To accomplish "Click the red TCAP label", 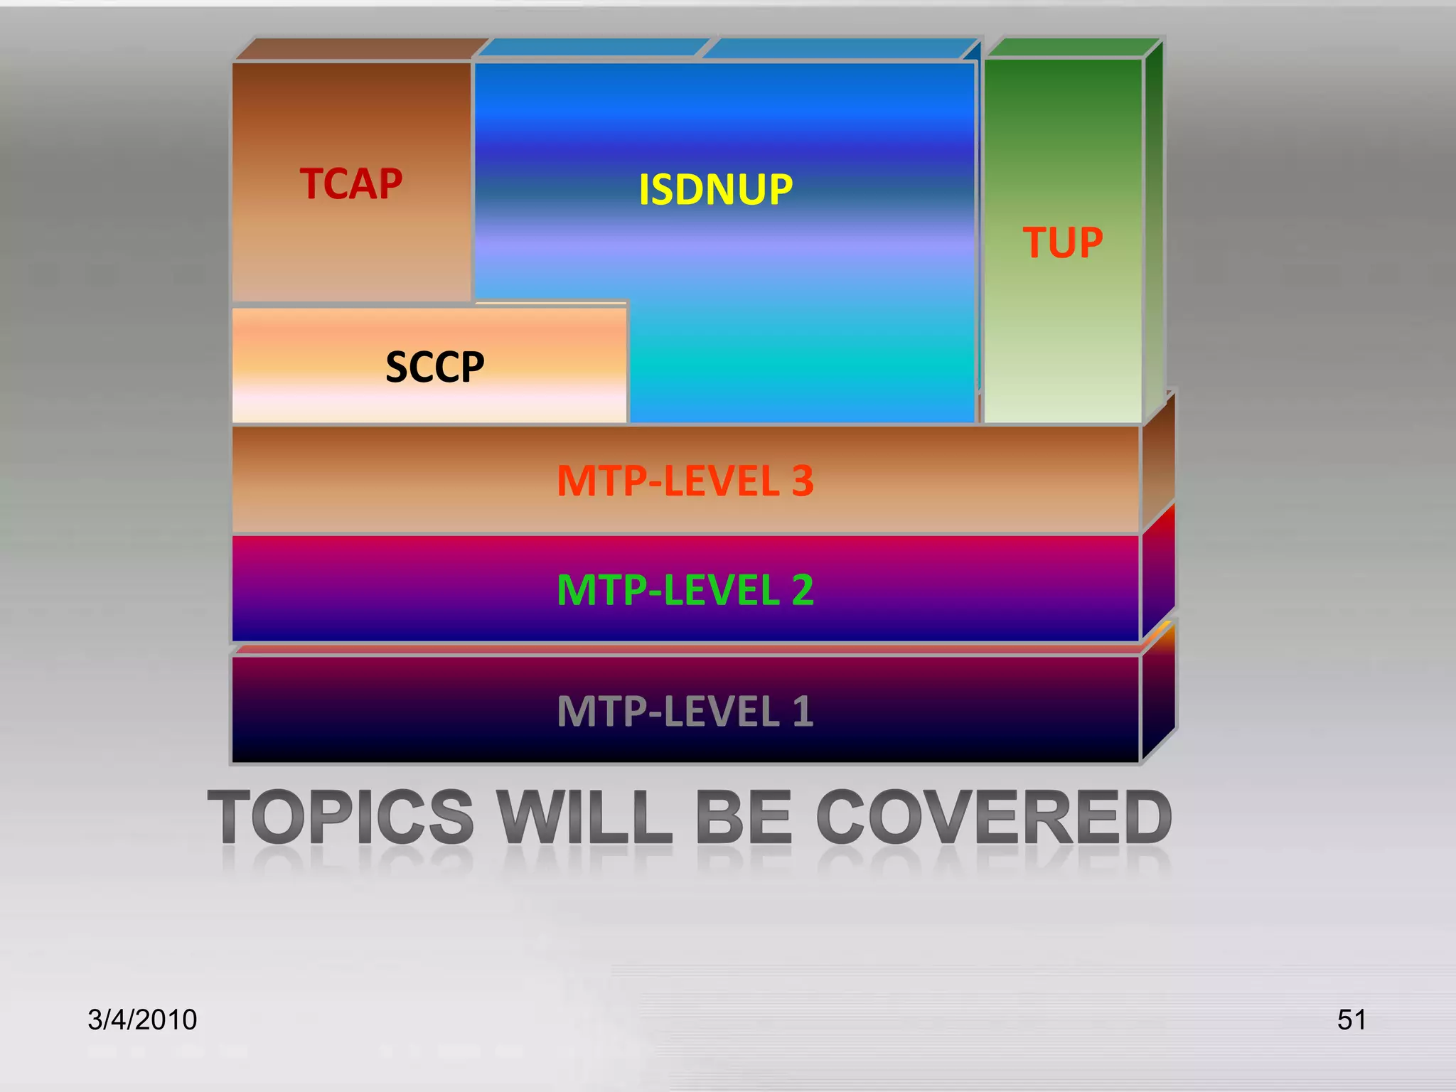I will [x=350, y=184].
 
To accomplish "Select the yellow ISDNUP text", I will [x=715, y=190].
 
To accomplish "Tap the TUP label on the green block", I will [x=1062, y=242].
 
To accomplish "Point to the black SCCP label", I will [x=434, y=367].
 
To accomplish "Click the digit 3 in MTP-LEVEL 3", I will [x=803, y=481].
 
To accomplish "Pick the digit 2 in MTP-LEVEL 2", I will [x=803, y=590].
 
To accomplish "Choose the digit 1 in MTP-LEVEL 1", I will [x=803, y=712].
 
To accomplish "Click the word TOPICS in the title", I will [x=341, y=818].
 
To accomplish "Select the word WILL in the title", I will [x=584, y=818].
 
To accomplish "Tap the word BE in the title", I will [x=744, y=818].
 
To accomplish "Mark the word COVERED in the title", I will [x=993, y=818].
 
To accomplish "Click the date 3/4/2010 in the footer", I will [x=142, y=1019].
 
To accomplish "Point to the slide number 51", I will [x=1351, y=1019].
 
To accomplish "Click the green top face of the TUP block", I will [x=1074, y=48].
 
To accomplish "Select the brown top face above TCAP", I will [x=359, y=50].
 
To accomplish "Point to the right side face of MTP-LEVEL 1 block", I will [x=1158, y=700].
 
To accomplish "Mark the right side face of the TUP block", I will [x=1153, y=227].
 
